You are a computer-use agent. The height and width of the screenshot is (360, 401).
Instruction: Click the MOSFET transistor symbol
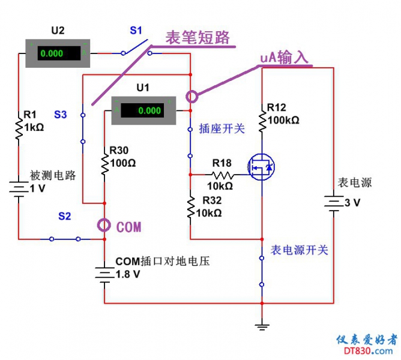click(x=262, y=167)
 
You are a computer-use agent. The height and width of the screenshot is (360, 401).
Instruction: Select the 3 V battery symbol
click(x=333, y=203)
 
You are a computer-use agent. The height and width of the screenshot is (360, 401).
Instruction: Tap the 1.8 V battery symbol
click(x=104, y=274)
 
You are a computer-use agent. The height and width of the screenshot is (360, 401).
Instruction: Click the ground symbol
click(x=262, y=326)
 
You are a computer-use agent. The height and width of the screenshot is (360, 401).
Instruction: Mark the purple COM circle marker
click(x=104, y=226)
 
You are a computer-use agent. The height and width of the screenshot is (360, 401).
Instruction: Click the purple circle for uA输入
click(x=191, y=96)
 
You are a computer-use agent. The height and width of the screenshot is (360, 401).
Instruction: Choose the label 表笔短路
click(x=198, y=37)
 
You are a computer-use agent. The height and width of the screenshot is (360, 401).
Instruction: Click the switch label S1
click(x=137, y=29)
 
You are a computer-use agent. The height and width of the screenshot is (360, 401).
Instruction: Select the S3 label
click(x=61, y=114)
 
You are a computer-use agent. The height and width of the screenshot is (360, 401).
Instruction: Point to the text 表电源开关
click(x=300, y=250)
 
